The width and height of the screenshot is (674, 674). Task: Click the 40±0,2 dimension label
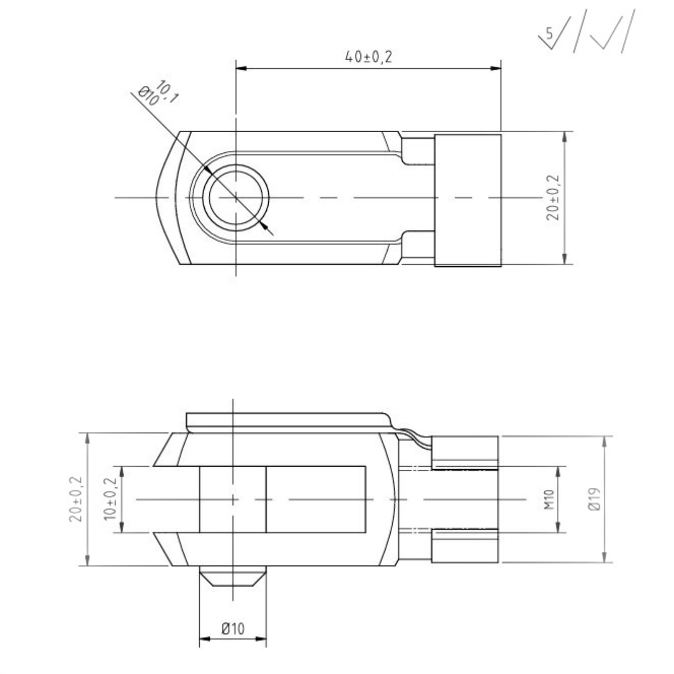point(368,57)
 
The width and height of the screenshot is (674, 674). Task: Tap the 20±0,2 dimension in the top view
point(553,198)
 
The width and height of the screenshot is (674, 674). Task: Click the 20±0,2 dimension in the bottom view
point(76,499)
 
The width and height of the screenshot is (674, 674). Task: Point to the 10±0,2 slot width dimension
point(110,499)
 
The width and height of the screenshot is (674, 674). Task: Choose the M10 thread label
point(549,499)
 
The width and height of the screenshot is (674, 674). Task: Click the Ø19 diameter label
point(594,499)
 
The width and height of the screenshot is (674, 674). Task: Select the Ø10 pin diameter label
point(233,629)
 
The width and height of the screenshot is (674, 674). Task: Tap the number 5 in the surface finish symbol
point(549,32)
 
